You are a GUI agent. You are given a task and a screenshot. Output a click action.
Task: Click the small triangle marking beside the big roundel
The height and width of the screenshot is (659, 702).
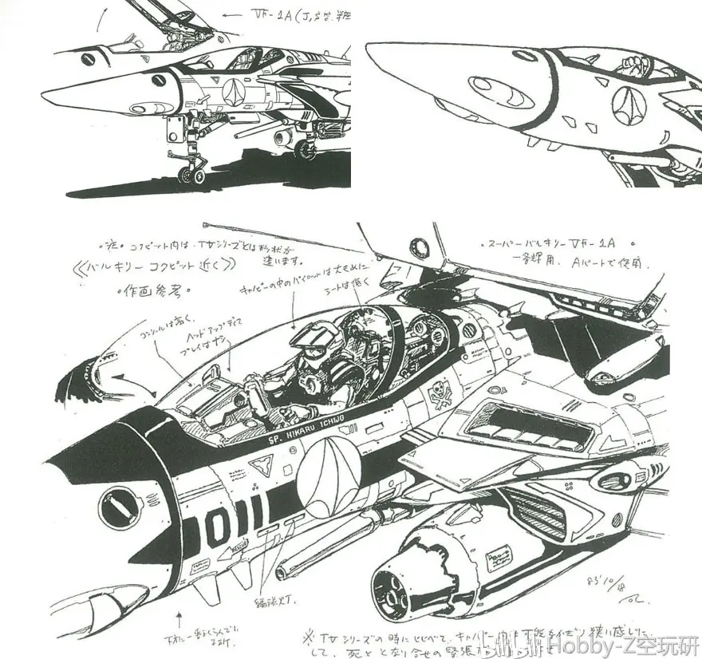[x=261, y=465]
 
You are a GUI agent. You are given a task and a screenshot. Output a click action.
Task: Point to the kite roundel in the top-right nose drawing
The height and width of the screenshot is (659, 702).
[x=627, y=107]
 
